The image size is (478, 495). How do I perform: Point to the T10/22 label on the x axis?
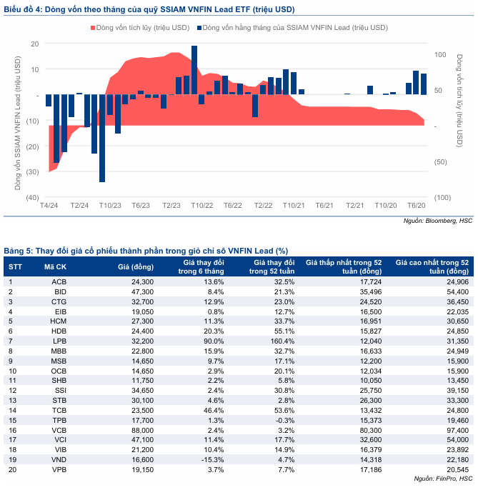202,205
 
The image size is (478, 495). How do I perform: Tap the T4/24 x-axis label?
49,205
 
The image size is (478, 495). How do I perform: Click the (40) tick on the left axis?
32,197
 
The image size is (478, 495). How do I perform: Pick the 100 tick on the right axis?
440,55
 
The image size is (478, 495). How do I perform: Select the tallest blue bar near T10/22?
194,70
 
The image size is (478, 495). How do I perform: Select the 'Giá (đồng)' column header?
136,266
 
